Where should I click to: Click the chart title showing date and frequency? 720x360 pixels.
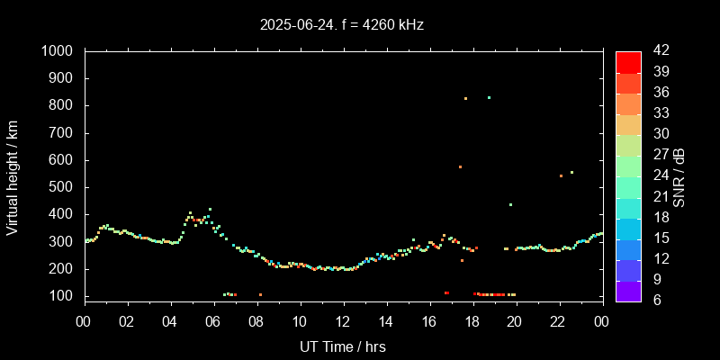(x=341, y=25)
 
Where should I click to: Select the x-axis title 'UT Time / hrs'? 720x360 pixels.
(x=342, y=346)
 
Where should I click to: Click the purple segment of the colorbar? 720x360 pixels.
(x=628, y=290)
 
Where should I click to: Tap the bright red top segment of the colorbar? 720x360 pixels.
(x=628, y=61)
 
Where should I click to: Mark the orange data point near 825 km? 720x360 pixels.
(x=465, y=98)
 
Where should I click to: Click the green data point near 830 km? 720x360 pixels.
(x=489, y=97)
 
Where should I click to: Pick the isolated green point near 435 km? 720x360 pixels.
(x=510, y=204)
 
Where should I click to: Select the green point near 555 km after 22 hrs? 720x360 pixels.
(x=571, y=172)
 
